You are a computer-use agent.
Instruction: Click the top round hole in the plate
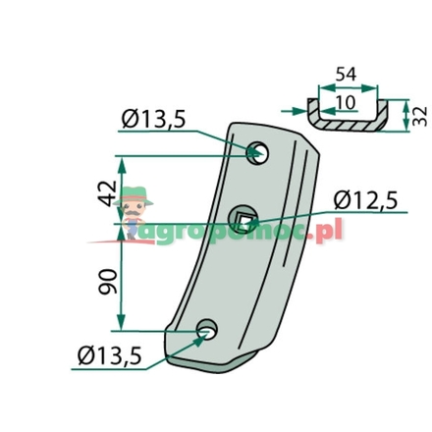click(257, 153)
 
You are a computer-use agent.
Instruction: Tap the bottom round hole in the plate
click(207, 329)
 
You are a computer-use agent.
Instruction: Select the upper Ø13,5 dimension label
click(153, 119)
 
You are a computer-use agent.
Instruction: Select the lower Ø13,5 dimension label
click(110, 355)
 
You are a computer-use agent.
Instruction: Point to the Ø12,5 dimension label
click(365, 200)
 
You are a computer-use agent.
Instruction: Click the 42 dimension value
click(108, 193)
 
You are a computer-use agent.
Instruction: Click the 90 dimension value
click(108, 282)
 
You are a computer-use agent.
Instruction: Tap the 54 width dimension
click(346, 75)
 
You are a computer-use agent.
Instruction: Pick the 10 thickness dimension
click(346, 103)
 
